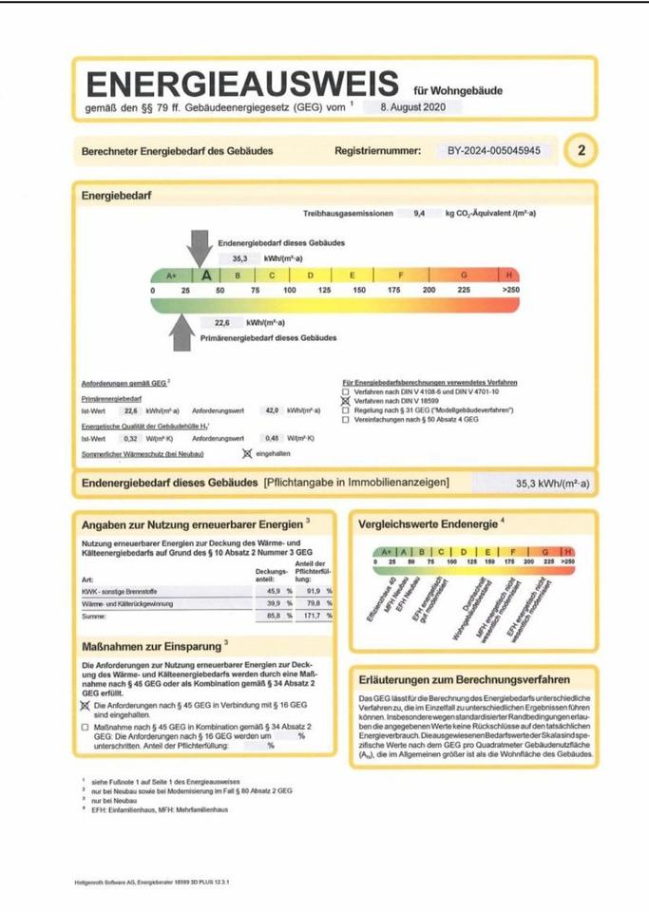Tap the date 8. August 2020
pyautogui.click(x=406, y=108)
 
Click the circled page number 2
pyautogui.click(x=581, y=151)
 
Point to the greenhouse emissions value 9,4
pyautogui.click(x=419, y=214)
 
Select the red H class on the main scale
pyautogui.click(x=509, y=275)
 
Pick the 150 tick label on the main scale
pyautogui.click(x=359, y=289)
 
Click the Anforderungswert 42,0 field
pyautogui.click(x=271, y=411)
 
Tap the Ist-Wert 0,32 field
pyautogui.click(x=131, y=439)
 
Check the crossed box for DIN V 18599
pyautogui.click(x=345, y=401)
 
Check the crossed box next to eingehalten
pyautogui.click(x=246, y=453)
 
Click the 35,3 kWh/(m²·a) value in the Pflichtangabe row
pyautogui.click(x=552, y=484)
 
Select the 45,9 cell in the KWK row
pyautogui.click(x=263, y=591)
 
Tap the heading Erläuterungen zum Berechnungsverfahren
pyautogui.click(x=464, y=680)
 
